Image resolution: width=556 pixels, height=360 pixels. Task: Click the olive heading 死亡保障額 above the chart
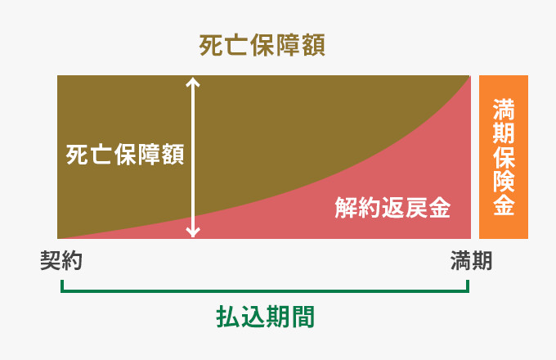click(x=262, y=45)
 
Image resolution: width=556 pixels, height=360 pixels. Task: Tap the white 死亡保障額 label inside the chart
click(x=125, y=155)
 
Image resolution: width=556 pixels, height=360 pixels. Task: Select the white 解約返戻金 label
click(x=393, y=208)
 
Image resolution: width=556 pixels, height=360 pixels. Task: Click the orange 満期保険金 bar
click(x=504, y=157)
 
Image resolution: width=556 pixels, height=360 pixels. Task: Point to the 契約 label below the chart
click(x=61, y=261)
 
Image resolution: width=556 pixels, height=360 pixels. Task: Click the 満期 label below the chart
click(x=471, y=261)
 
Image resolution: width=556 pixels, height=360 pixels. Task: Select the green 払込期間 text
click(x=265, y=317)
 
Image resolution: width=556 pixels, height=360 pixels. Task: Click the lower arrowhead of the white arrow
click(x=193, y=232)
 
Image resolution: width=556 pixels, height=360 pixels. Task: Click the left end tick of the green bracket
click(x=62, y=286)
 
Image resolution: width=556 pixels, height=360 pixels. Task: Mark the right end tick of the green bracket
click(x=468, y=286)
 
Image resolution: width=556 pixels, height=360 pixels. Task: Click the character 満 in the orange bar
click(x=504, y=110)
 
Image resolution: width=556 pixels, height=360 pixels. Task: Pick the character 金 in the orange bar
click(x=504, y=205)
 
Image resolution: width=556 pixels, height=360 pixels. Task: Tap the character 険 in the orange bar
click(x=504, y=181)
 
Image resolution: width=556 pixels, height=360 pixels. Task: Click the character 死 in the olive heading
click(x=211, y=45)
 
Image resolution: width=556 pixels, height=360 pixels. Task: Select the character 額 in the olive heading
click(x=313, y=45)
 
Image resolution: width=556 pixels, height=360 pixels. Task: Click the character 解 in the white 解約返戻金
click(x=346, y=208)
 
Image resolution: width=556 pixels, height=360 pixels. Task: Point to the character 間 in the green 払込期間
click(x=303, y=317)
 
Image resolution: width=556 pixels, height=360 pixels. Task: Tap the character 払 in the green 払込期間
click(x=227, y=317)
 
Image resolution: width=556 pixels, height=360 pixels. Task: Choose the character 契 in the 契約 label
click(x=51, y=261)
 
